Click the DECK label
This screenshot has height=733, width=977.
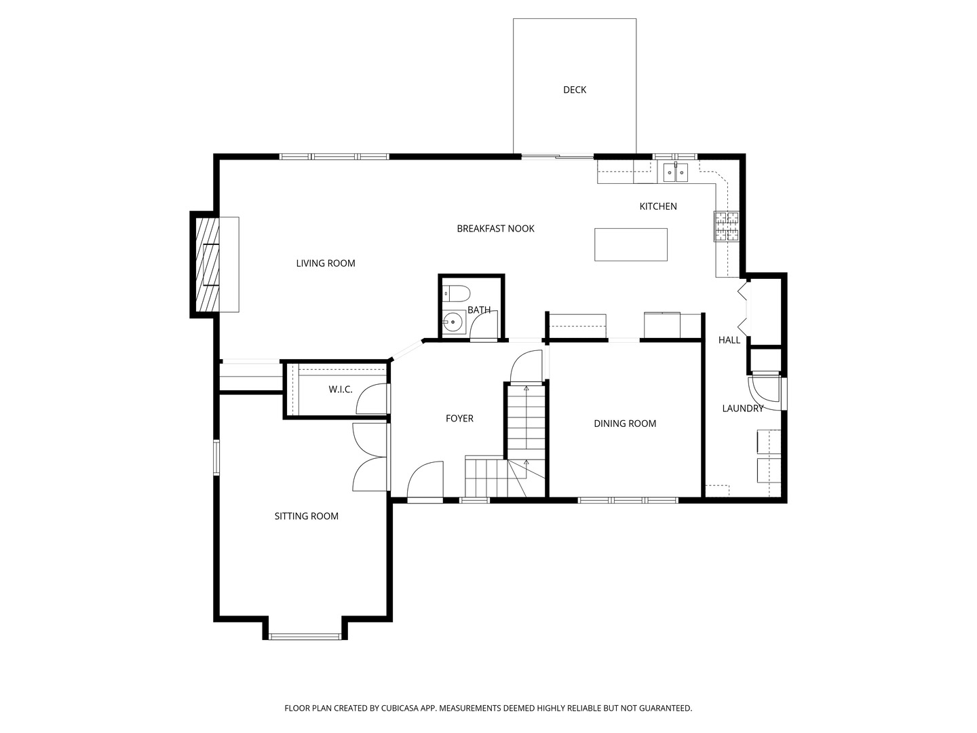coord(574,90)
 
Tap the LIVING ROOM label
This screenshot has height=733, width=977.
coord(326,263)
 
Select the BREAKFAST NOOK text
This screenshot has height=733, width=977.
coord(495,228)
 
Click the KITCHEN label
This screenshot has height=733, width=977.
coord(658,206)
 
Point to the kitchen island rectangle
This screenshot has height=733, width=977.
coord(631,244)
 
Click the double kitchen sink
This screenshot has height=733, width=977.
coord(675,172)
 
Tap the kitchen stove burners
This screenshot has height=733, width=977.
coord(727,226)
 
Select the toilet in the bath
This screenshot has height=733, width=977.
coord(457,293)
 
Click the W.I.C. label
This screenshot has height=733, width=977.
coord(340,390)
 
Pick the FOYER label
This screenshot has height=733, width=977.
coord(459,418)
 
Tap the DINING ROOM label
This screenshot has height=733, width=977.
coord(625,424)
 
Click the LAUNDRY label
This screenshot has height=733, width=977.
coord(742,408)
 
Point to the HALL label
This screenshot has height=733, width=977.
coord(729,340)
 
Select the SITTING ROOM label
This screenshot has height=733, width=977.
coord(306,516)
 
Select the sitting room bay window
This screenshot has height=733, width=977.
coord(305,637)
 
